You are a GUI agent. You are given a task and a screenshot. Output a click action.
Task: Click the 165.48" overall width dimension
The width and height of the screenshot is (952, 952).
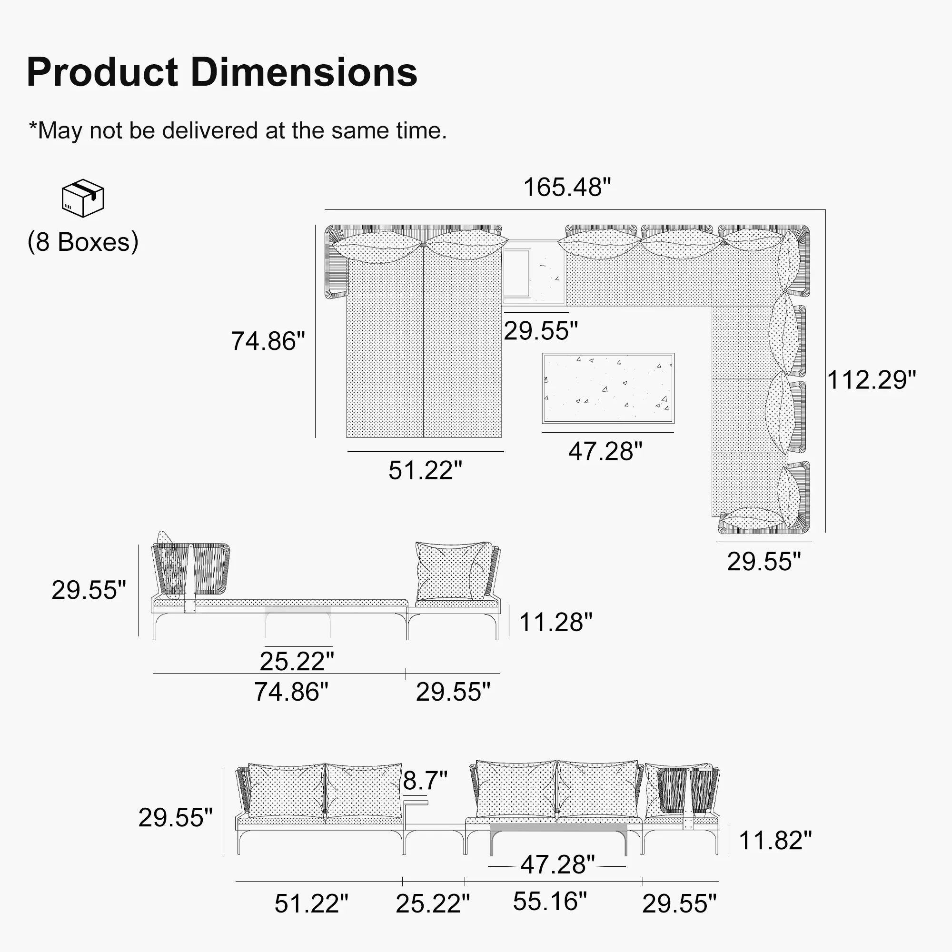coord(566,187)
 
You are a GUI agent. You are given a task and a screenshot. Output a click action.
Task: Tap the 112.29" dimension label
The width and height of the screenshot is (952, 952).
coord(871,380)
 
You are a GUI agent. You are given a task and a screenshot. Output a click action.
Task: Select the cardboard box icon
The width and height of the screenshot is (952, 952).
coord(83,198)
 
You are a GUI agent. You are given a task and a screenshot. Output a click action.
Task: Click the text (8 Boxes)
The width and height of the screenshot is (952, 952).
coord(83,242)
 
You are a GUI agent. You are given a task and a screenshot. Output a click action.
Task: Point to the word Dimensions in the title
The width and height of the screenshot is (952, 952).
coord(304,72)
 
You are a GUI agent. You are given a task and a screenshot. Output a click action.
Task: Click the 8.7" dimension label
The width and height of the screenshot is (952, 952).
coord(425,780)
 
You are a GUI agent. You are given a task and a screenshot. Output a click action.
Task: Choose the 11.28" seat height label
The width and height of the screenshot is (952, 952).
coord(556,622)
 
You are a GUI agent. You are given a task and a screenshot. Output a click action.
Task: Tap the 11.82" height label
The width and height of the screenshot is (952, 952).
coord(775,840)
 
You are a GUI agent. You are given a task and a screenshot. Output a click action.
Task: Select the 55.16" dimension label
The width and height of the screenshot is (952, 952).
coord(550,901)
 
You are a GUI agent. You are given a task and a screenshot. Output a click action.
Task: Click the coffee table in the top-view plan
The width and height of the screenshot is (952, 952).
coord(607,388)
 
